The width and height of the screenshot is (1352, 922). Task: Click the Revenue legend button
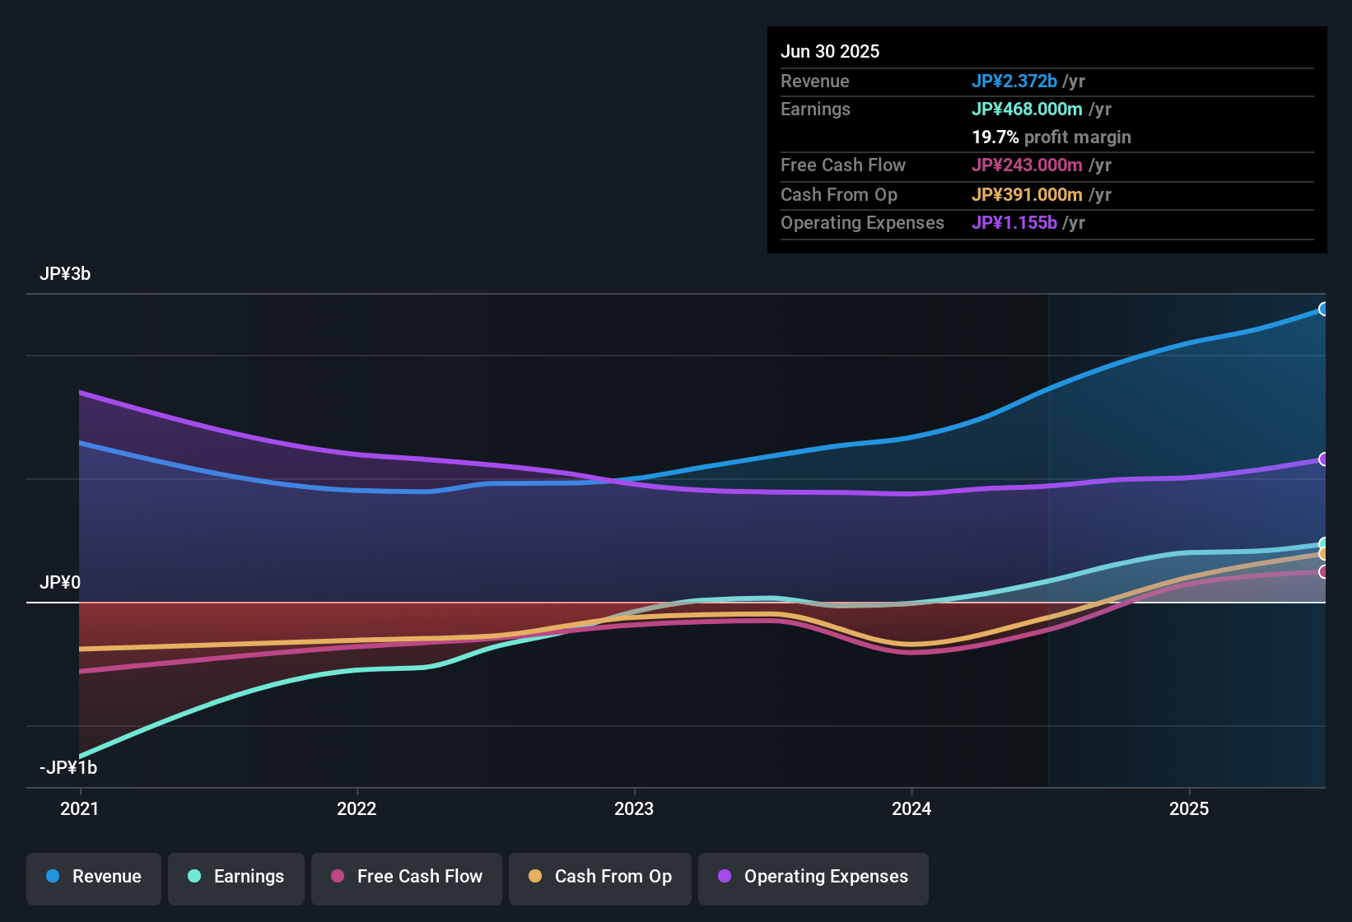pos(94,877)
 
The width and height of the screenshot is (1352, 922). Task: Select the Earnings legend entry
pos(236,877)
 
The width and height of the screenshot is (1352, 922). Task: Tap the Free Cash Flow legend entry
pos(407,877)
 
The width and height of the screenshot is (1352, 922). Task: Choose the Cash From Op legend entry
pos(600,877)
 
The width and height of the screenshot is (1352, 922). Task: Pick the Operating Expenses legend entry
pos(814,877)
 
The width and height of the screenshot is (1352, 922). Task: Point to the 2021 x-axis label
pos(80,808)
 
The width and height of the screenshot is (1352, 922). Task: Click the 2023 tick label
pos(634,808)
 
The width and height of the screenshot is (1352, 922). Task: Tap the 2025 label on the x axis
pos(1189,808)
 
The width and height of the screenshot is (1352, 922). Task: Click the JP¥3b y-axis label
pos(65,274)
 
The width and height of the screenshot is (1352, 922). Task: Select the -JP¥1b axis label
pos(68,768)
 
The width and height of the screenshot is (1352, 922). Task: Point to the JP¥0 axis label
pos(60,583)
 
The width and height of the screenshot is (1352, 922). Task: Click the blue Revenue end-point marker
pos(1323,310)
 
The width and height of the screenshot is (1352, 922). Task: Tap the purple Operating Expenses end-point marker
pos(1323,459)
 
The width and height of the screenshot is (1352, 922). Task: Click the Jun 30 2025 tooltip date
pos(830,52)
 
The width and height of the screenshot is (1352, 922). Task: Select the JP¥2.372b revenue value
pos(1014,81)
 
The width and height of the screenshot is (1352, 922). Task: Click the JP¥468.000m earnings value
pos(1027,109)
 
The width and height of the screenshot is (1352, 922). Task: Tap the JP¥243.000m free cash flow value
pos(1027,165)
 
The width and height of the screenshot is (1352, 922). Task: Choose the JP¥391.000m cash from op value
pos(1027,195)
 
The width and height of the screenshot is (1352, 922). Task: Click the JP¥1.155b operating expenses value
pos(1014,223)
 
